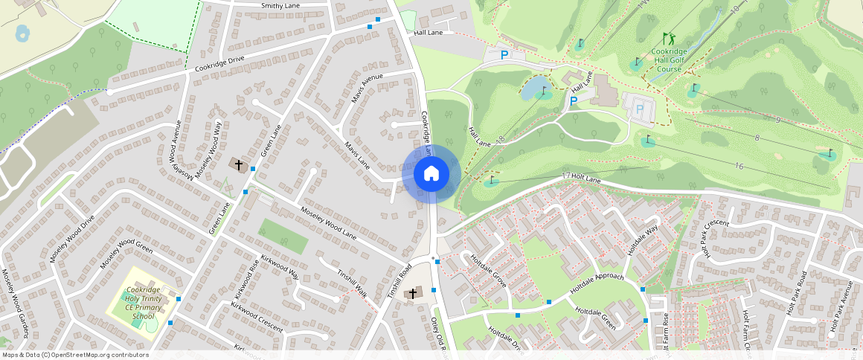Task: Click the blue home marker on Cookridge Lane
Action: click(x=431, y=174)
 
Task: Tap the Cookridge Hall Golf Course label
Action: click(x=667, y=60)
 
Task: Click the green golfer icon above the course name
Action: click(x=668, y=38)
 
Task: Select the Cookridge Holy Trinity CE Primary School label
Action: click(x=144, y=303)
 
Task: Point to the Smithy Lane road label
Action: click(x=280, y=6)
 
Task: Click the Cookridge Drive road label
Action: click(x=219, y=64)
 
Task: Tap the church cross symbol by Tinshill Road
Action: click(x=412, y=294)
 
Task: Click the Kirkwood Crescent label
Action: click(x=257, y=317)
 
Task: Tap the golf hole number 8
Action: click(x=757, y=138)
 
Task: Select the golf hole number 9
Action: click(x=777, y=120)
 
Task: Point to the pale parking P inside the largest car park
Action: click(x=639, y=110)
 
